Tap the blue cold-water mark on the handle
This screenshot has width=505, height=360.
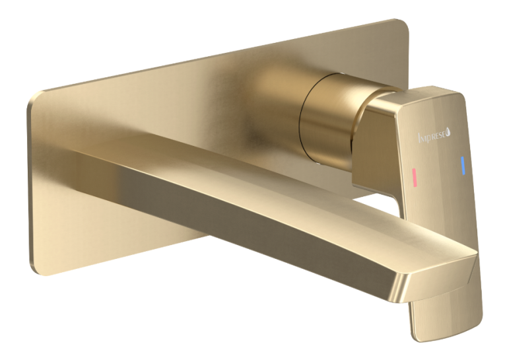(x=463, y=166)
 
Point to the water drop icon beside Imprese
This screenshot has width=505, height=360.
(x=449, y=133)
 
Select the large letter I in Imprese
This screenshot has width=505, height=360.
(x=419, y=137)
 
